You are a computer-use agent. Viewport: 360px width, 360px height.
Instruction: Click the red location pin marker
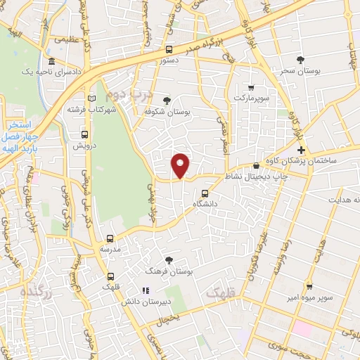click(x=181, y=165)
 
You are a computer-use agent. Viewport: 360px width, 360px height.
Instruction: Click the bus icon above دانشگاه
click(x=205, y=193)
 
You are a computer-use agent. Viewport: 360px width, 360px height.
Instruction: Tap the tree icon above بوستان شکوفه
click(x=166, y=101)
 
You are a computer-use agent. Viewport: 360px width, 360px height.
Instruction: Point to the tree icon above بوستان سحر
click(x=300, y=60)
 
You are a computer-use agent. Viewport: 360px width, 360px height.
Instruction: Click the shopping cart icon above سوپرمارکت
click(x=251, y=88)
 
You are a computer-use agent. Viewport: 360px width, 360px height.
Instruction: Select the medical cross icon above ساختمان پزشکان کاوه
click(x=301, y=150)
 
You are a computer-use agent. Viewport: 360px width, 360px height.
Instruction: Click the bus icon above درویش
click(x=84, y=134)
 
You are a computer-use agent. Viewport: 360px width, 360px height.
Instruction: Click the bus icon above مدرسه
click(x=109, y=238)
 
